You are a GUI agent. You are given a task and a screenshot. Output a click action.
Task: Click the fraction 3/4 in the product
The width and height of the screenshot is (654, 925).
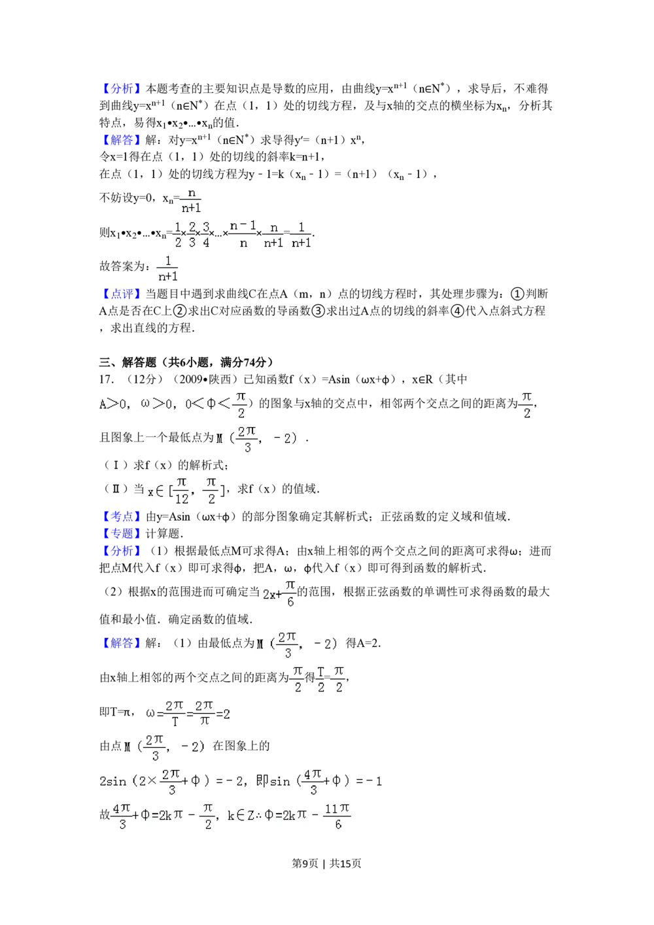click(x=205, y=234)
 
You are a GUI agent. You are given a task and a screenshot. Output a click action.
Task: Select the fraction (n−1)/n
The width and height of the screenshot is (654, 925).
click(x=243, y=234)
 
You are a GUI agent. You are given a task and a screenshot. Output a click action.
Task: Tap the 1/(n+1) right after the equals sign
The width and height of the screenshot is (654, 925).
click(x=301, y=234)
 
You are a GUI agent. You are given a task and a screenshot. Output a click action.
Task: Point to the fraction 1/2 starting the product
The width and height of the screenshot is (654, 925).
click(x=178, y=234)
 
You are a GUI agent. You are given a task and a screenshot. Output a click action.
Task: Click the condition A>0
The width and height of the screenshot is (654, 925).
click(x=111, y=404)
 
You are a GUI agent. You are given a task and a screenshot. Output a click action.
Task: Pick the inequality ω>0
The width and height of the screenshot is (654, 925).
click(x=159, y=404)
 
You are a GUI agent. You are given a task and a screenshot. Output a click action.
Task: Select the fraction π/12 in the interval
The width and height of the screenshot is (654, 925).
click(x=181, y=490)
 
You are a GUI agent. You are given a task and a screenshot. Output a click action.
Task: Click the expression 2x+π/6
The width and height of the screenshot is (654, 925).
click(x=278, y=594)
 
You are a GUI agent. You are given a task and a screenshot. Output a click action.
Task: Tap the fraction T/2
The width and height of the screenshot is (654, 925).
click(x=320, y=680)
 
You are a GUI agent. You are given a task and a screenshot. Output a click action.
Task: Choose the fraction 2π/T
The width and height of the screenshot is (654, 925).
click(x=175, y=714)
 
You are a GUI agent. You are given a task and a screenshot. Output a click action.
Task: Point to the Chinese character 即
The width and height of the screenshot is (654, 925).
click(x=262, y=781)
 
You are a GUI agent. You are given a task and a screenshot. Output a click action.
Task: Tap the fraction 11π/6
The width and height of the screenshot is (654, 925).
click(x=337, y=816)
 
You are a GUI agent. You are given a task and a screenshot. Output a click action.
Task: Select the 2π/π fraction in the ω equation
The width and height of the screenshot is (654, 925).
click(x=204, y=714)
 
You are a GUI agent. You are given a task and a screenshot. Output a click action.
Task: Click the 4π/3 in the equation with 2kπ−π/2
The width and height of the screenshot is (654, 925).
click(x=122, y=816)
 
